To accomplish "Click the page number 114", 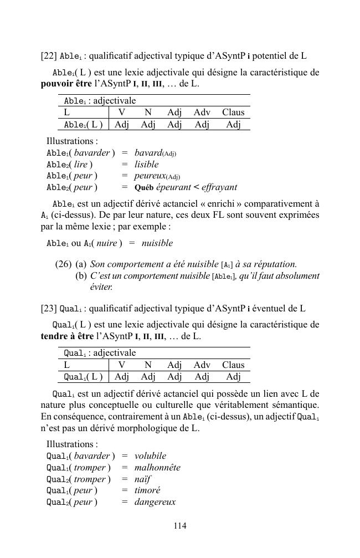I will (179, 526).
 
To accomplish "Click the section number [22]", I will (49, 56).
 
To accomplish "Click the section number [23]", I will (49, 308).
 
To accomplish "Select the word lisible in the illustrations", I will (146, 164).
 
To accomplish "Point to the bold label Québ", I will (144, 187).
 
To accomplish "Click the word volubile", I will (150, 456).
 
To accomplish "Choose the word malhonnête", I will (157, 468).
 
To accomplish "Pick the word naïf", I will (143, 479).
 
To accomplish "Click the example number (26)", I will (63, 264).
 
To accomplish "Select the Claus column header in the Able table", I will (233, 112).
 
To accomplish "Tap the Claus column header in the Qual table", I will (233, 365).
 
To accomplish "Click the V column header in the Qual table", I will (122, 365).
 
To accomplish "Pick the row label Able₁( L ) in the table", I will (83, 125).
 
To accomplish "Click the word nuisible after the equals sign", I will (157, 243).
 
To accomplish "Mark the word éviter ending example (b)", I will (101, 287).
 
